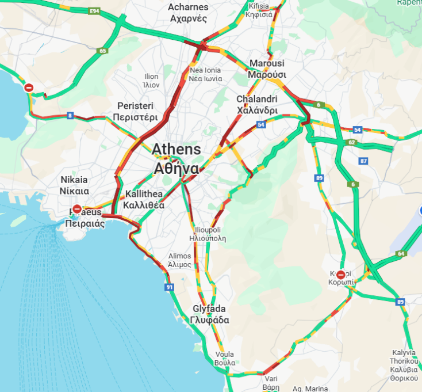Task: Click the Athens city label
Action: [x=176, y=158]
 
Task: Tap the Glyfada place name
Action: [x=210, y=314]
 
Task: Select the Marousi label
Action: [x=267, y=68]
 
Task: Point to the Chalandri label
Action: [x=257, y=105]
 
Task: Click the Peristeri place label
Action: [x=135, y=111]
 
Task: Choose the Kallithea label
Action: [x=144, y=199]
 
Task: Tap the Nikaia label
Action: [x=75, y=185]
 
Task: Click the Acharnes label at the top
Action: [x=188, y=12]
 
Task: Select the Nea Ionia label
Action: [x=205, y=74]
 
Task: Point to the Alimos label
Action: [x=179, y=260]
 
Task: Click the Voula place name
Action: [x=225, y=358]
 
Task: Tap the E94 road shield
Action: [x=95, y=11]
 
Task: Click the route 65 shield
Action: [x=103, y=51]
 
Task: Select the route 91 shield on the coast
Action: [x=169, y=287]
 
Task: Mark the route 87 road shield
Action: [x=363, y=161]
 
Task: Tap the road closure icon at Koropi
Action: [x=341, y=275]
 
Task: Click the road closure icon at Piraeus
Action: [x=77, y=209]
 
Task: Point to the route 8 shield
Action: [x=70, y=116]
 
